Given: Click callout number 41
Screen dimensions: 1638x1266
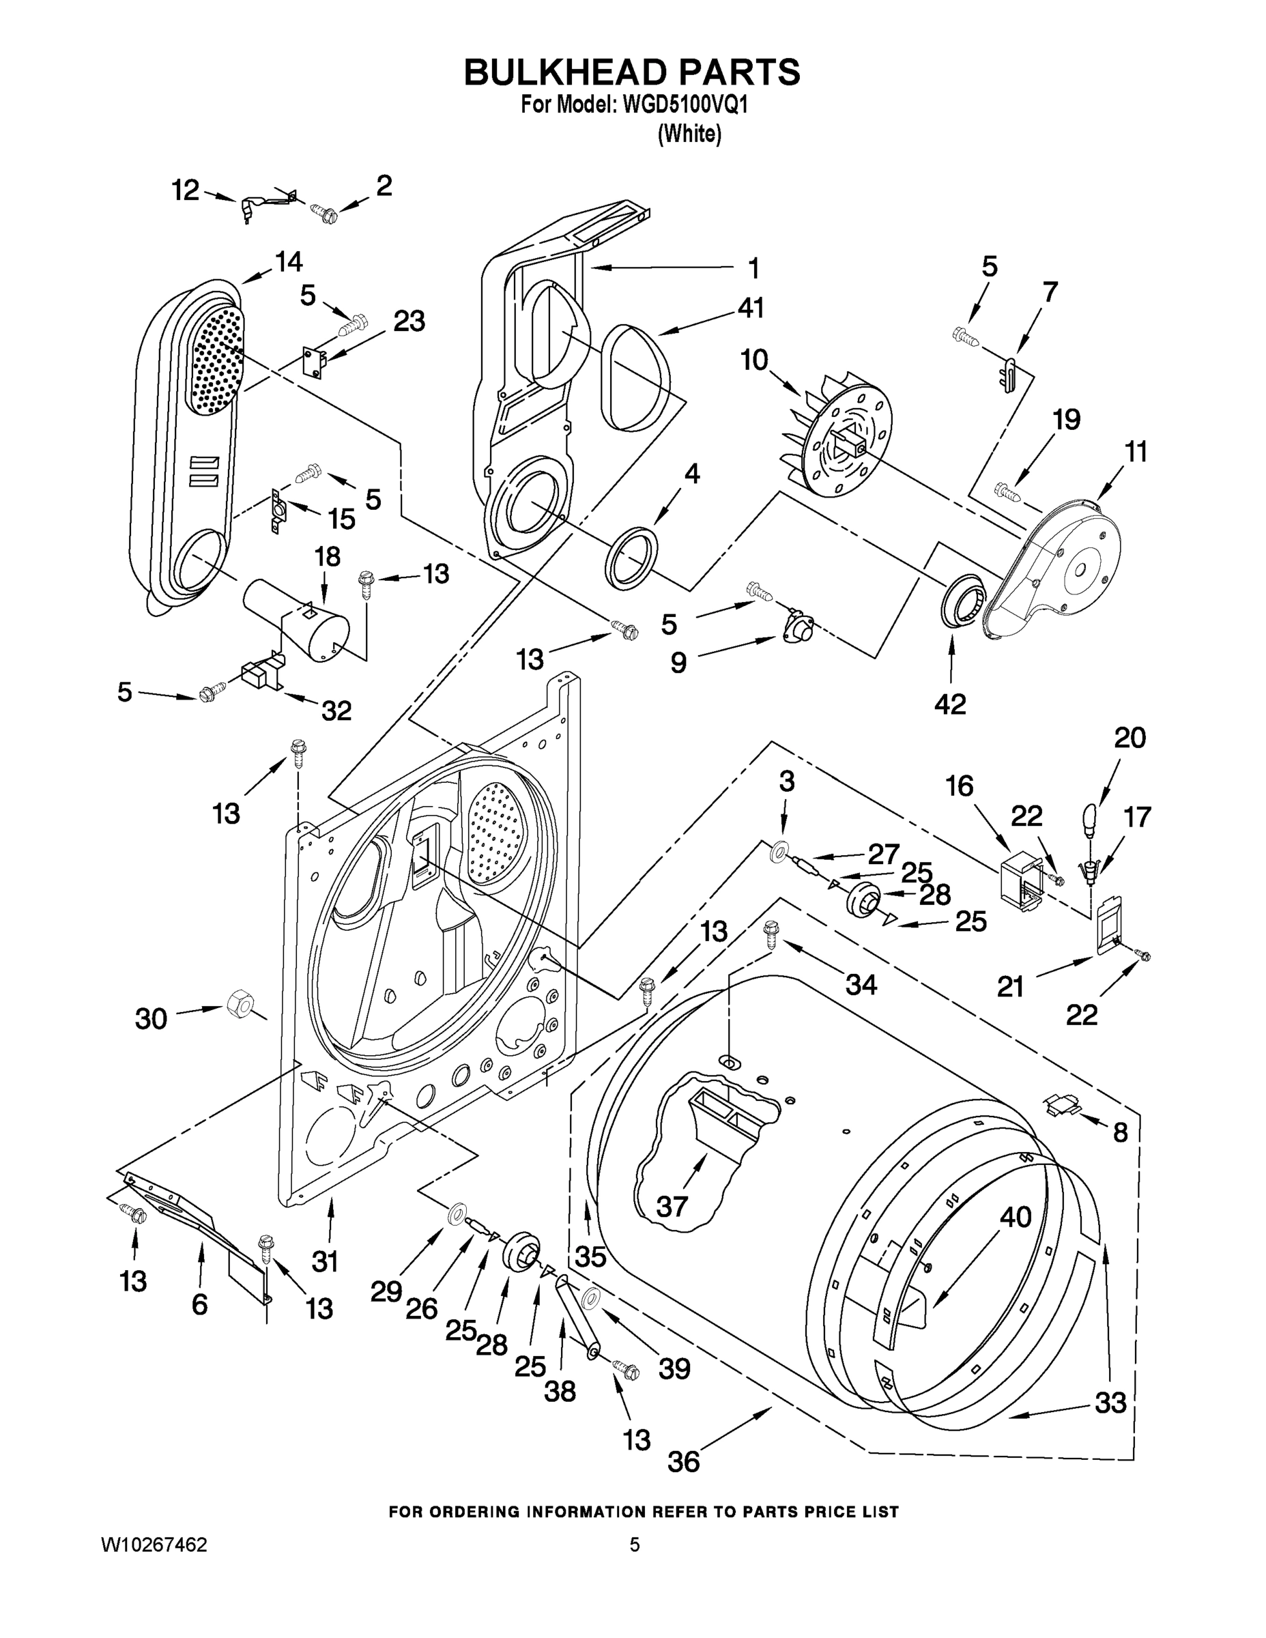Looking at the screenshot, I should pos(750,308).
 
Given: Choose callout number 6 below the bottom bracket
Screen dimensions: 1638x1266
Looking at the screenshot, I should pos(199,1305).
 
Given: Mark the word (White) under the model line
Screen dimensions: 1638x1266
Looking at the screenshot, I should pos(689,134).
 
